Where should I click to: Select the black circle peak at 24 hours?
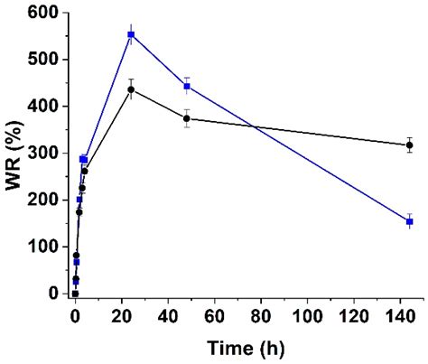tap(131, 89)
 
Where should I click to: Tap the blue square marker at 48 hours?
tap(187, 86)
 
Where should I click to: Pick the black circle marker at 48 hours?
tap(187, 118)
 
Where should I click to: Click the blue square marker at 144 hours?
tap(410, 221)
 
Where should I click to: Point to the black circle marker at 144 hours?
tap(410, 145)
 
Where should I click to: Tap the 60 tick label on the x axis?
tap(215, 315)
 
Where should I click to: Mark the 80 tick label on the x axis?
tap(261, 315)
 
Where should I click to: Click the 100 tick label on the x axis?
tap(308, 315)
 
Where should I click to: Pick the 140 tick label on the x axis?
tap(401, 315)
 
